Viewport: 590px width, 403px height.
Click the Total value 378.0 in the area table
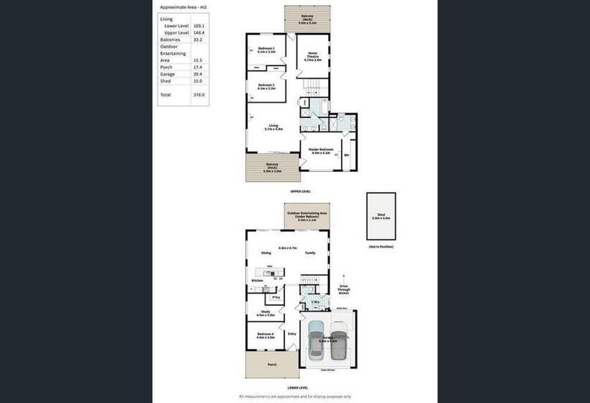[199, 94]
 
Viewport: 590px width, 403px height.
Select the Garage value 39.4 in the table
[199, 74]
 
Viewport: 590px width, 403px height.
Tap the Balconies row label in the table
[170, 40]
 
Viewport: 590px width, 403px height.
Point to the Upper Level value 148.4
[199, 32]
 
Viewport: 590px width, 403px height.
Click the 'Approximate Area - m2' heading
[183, 6]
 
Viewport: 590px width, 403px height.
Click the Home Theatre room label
[312, 55]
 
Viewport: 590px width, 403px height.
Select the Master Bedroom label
[321, 151]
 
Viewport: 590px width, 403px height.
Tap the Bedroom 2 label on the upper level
[266, 86]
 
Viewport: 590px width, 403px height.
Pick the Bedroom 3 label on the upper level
[266, 50]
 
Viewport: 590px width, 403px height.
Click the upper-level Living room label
[273, 127]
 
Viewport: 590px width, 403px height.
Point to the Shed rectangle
[381, 216]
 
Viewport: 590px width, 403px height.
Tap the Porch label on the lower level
[272, 364]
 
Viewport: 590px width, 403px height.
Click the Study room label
[265, 313]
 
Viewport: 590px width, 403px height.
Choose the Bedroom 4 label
[265, 335]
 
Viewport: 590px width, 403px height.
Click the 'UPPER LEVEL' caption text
[300, 192]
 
